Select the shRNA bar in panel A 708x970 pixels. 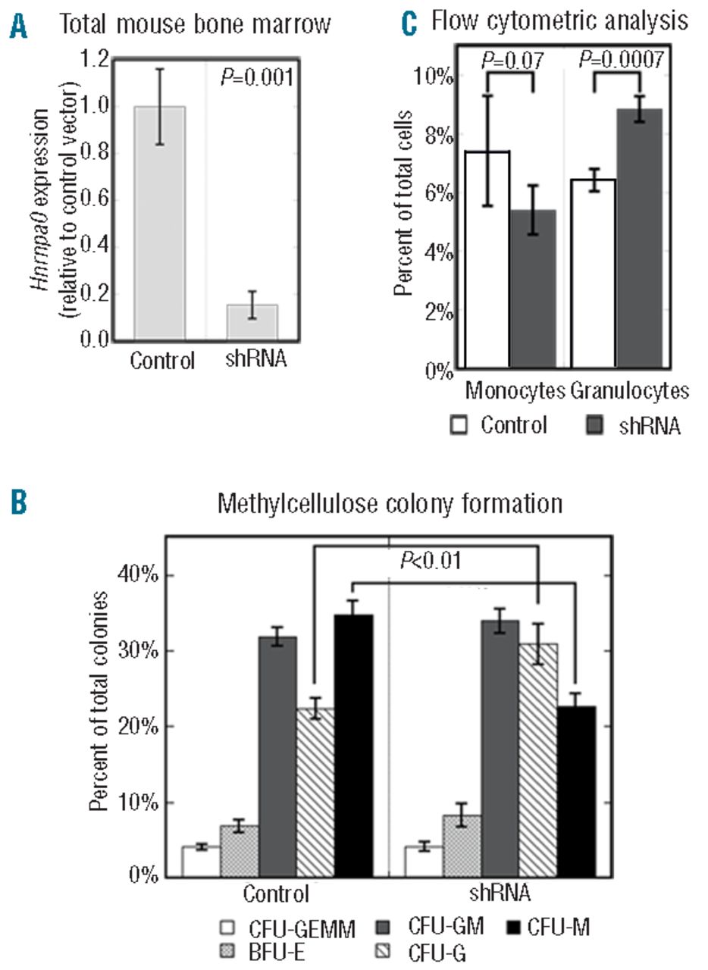tap(252, 321)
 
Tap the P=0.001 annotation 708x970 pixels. tap(256, 77)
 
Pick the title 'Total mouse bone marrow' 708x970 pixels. tap(195, 24)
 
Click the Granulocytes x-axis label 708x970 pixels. tap(629, 391)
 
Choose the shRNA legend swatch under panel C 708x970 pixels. tap(596, 425)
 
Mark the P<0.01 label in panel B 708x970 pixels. tap(430, 562)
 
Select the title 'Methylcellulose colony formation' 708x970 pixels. tap(390, 503)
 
